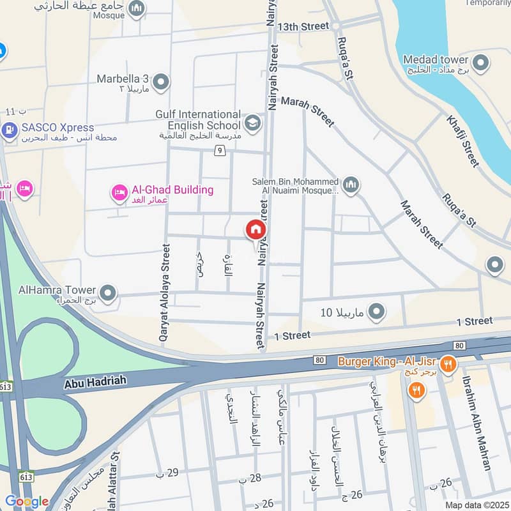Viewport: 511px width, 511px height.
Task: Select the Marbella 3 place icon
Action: (161, 82)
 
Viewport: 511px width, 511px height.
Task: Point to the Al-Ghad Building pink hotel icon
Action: (119, 192)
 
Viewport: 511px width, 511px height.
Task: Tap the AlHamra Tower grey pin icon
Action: (109, 294)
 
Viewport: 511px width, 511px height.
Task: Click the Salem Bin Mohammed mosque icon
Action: (351, 186)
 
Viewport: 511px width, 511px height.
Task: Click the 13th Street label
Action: (303, 26)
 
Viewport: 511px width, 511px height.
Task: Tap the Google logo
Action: (26, 501)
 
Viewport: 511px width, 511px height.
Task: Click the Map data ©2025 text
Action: (476, 505)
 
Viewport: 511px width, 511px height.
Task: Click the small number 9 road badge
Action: (220, 151)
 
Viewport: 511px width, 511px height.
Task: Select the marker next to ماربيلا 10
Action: (377, 312)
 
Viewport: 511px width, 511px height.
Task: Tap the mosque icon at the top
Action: (135, 8)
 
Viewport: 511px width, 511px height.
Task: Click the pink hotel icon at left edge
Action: (25, 188)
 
